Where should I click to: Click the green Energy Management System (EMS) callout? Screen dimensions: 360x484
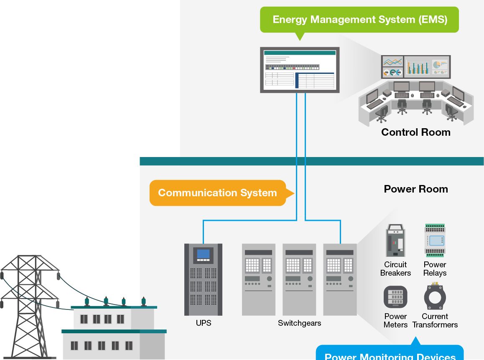[359, 20]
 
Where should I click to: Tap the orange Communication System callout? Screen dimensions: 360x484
[217, 193]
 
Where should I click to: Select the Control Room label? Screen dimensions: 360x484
[415, 132]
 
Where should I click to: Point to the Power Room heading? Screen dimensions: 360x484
[415, 189]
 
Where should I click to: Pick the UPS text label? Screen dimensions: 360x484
[204, 323]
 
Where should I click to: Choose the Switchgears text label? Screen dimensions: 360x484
[299, 323]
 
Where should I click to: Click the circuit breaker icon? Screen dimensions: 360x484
[395, 241]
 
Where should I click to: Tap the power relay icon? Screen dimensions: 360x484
[435, 240]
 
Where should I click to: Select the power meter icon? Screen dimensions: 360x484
[395, 297]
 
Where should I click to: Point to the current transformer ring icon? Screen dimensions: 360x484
[435, 297]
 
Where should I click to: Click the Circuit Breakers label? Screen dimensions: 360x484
[395, 269]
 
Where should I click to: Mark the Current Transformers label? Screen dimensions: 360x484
[435, 321]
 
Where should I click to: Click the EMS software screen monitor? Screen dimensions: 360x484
[300, 70]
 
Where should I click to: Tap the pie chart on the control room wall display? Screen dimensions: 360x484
[437, 65]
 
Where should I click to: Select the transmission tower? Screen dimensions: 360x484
[29, 305]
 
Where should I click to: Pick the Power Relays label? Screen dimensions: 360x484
[435, 269]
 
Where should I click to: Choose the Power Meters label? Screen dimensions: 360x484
[395, 321]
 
